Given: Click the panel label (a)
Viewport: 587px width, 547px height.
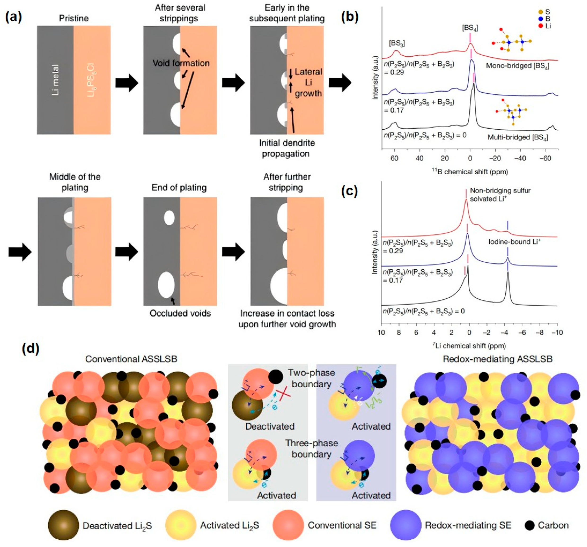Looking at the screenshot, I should (14, 18).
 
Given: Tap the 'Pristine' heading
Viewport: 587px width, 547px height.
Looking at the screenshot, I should (74, 18).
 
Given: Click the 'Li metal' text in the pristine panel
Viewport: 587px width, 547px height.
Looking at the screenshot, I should (55, 80).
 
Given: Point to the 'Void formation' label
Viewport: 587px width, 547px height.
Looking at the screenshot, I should (181, 63).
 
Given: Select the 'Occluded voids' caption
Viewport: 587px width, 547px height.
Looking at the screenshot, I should (180, 313).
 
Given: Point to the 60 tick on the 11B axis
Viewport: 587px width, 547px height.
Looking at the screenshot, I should (394, 158).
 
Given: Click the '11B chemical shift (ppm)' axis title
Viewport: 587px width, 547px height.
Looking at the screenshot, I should (470, 172).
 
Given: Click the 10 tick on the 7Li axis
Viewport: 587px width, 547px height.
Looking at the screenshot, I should (381, 332).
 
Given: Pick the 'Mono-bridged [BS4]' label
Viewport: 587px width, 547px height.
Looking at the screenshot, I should (517, 66).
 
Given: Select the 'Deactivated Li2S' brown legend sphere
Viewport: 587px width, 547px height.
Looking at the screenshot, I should (63, 525).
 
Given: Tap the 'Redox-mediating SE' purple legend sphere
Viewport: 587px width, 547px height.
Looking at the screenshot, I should (405, 525).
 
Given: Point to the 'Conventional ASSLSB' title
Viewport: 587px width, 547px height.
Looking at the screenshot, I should (131, 359).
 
